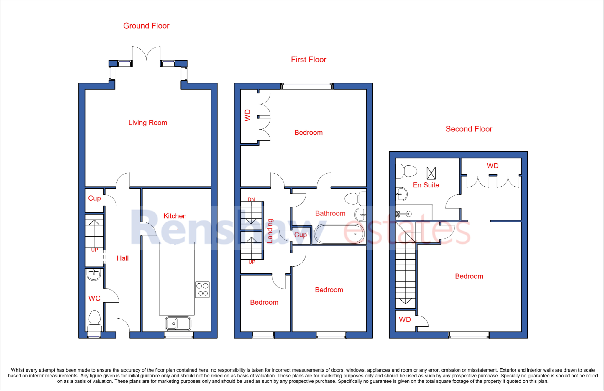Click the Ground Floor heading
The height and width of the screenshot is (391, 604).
point(146,26)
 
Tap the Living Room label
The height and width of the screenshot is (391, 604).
point(147,123)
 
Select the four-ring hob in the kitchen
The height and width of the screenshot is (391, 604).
point(202,289)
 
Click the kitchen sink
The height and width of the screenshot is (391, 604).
point(178,324)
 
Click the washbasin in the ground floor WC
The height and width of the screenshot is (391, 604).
point(94,275)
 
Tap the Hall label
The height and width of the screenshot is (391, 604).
point(122,258)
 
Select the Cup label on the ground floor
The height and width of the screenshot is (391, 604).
point(94,198)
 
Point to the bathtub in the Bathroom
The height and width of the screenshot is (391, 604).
point(339,234)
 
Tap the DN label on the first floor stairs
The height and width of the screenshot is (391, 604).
point(251,199)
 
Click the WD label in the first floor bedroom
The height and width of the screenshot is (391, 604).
point(247,115)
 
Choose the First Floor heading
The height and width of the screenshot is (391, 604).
point(308,60)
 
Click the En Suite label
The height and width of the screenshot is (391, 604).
point(426,185)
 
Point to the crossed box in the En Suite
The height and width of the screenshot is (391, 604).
point(431,173)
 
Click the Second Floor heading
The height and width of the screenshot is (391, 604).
point(469,129)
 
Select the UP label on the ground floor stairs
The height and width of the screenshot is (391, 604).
point(94,250)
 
